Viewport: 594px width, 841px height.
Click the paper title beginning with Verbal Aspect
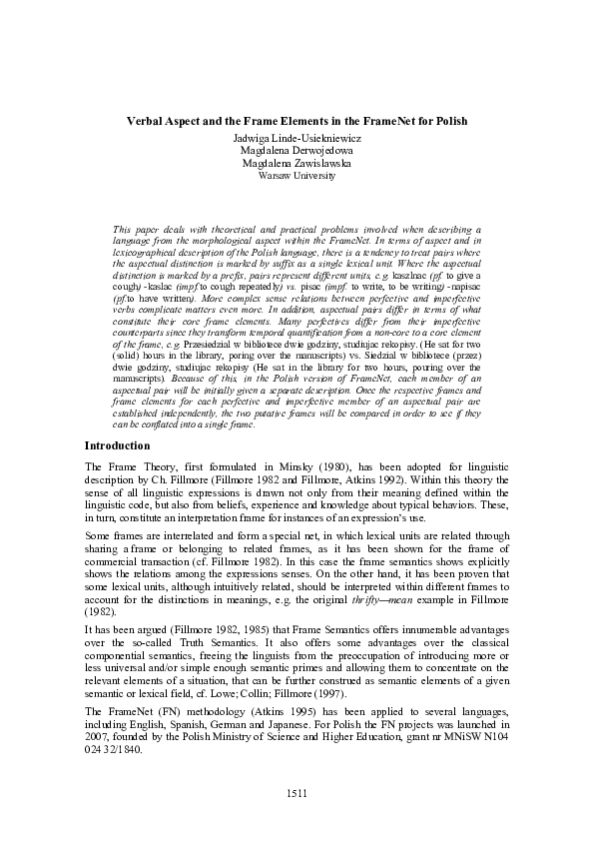click(297, 121)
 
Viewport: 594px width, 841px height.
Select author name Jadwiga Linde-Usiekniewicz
click(297, 136)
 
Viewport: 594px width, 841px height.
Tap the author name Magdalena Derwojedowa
click(297, 149)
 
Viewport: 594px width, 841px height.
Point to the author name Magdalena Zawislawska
click(297, 162)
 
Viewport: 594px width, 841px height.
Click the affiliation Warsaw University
click(297, 175)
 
